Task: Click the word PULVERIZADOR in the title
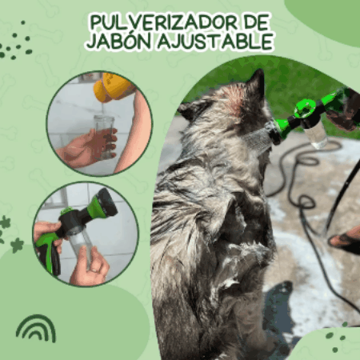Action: pos(163,23)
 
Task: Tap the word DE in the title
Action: pos(257,23)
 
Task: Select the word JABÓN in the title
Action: pos(120,42)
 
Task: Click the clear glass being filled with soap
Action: pos(104,138)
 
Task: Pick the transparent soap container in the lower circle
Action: pos(81,246)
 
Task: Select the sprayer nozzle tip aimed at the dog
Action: pos(273,130)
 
